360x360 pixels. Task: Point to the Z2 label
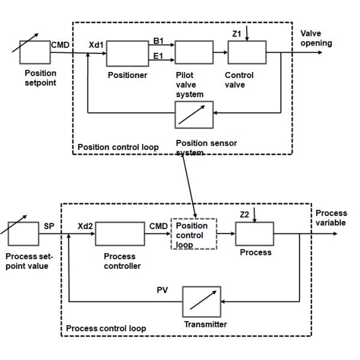point(245,214)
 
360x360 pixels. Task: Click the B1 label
point(159,41)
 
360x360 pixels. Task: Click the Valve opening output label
point(316,38)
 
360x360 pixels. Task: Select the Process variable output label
point(331,218)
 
